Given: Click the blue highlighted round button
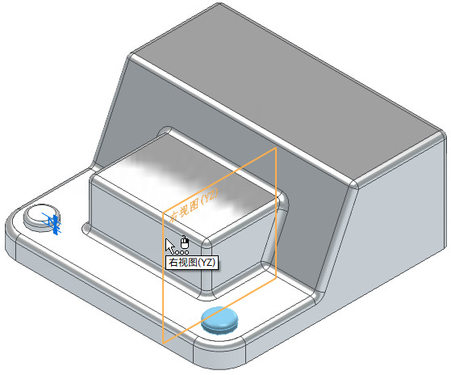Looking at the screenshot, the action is [219, 320].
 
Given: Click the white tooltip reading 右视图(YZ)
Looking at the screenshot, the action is [192, 263].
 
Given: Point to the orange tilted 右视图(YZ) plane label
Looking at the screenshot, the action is [194, 205].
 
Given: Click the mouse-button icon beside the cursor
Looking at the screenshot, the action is [185, 242].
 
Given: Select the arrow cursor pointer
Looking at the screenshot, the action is [169, 246].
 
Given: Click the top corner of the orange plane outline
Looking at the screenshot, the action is [276, 148].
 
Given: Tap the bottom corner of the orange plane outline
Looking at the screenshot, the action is [163, 343].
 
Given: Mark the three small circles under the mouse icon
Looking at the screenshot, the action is [182, 253].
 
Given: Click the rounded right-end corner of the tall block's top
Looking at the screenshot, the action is [441, 134].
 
